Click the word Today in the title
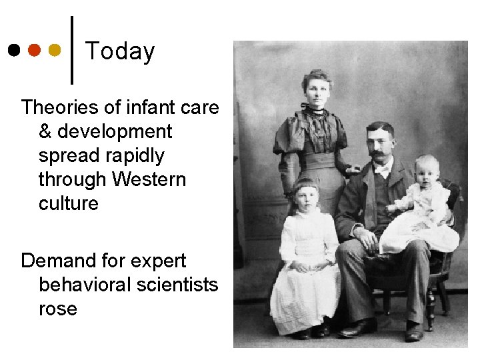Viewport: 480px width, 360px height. click(x=120, y=51)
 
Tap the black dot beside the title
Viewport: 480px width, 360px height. click(x=14, y=50)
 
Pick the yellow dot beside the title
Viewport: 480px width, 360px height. click(x=55, y=50)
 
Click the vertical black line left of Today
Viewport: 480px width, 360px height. click(x=72, y=50)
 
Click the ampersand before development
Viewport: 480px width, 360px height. click(x=45, y=131)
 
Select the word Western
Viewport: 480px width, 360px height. click(x=149, y=179)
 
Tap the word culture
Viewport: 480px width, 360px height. click(x=68, y=203)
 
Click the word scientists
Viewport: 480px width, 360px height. click(x=177, y=285)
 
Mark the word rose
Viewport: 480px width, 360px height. click(x=58, y=309)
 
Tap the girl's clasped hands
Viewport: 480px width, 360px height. click(x=304, y=267)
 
